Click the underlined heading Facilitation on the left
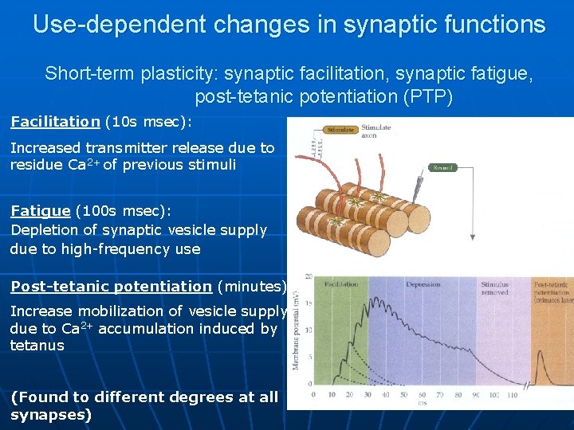point(55,122)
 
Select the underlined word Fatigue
point(40,211)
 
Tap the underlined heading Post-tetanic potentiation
point(111,287)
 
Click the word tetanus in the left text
point(37,346)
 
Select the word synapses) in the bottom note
point(51,415)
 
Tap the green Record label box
point(443,167)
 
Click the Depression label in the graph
point(423,284)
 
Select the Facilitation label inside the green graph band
point(341,284)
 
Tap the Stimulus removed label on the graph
point(494,288)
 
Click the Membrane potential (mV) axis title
point(297,330)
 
